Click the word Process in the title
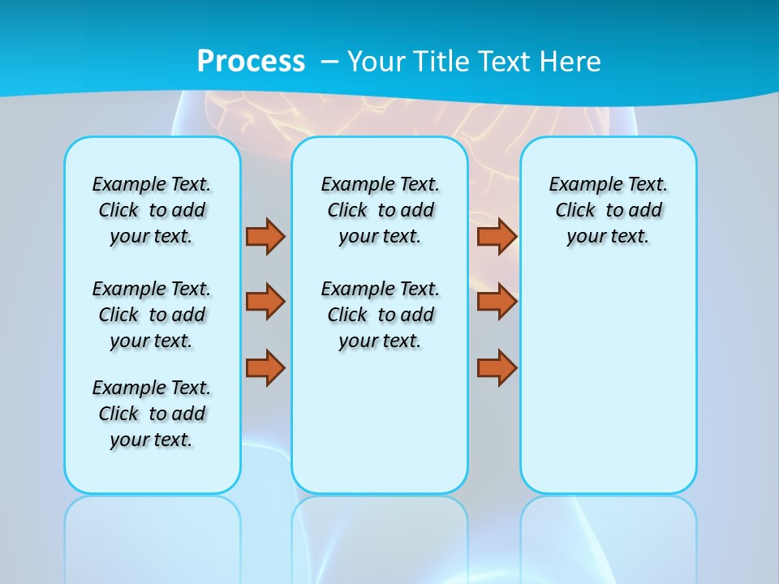(251, 62)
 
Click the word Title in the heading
(443, 62)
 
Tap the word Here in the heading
(571, 62)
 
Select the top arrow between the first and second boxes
(265, 236)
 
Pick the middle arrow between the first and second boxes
(265, 302)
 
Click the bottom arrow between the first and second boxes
(265, 367)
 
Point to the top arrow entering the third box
(497, 236)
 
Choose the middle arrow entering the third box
(497, 302)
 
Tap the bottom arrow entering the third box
(497, 367)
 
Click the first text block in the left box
(152, 210)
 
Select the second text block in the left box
(152, 315)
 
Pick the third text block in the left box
(152, 414)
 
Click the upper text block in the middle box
(381, 210)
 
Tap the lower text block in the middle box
(381, 315)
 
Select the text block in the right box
(609, 210)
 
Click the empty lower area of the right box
(609, 381)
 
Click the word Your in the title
(378, 62)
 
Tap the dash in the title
(330, 62)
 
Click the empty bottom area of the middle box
(380, 430)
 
